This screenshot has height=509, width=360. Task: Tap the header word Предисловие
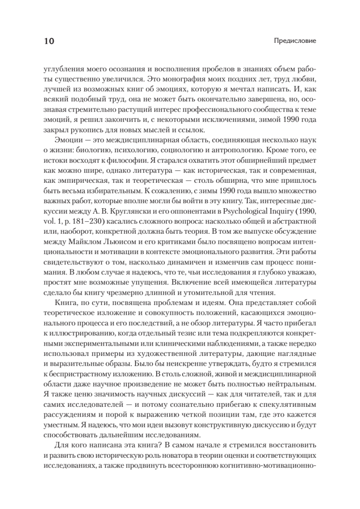[296, 42]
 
